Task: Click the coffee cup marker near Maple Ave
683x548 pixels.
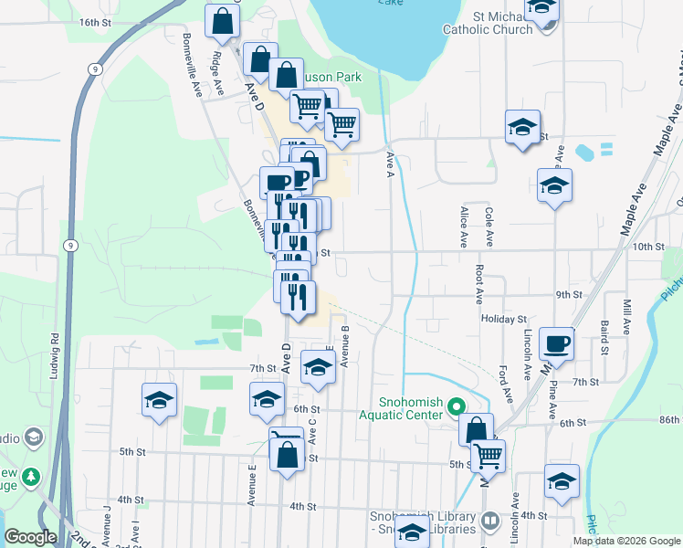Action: pyautogui.click(x=556, y=344)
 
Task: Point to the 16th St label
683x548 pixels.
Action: pyautogui.click(x=94, y=21)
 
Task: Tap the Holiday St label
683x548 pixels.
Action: pyautogui.click(x=504, y=320)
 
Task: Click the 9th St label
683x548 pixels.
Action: pyautogui.click(x=569, y=294)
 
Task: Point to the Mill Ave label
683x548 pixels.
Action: pyautogui.click(x=626, y=316)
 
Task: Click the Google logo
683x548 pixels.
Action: pyautogui.click(x=30, y=537)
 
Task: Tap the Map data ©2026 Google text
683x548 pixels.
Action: pyautogui.click(x=627, y=541)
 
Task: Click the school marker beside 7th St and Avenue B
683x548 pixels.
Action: pyautogui.click(x=317, y=365)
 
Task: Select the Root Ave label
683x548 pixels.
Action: pyautogui.click(x=478, y=284)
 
